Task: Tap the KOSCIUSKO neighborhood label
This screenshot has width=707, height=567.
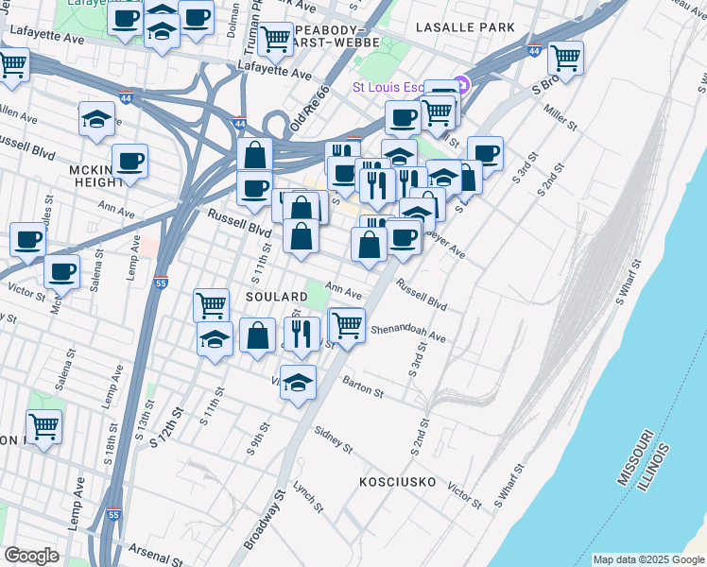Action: [397, 482]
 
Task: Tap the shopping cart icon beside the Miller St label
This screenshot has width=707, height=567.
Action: [565, 58]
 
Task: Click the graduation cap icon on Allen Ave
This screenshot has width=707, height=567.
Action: [96, 119]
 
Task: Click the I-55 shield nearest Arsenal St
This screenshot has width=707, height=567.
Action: [113, 515]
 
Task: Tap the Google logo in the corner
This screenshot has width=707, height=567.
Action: [31, 556]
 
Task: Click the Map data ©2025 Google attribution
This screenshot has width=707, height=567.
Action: [648, 559]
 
